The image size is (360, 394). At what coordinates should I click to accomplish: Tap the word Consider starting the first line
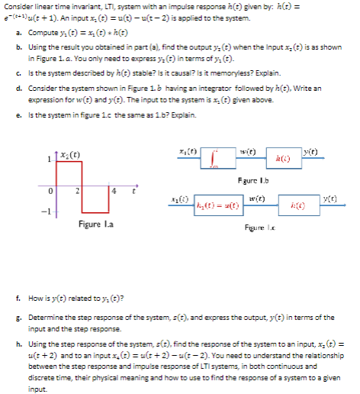coord(17,6)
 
